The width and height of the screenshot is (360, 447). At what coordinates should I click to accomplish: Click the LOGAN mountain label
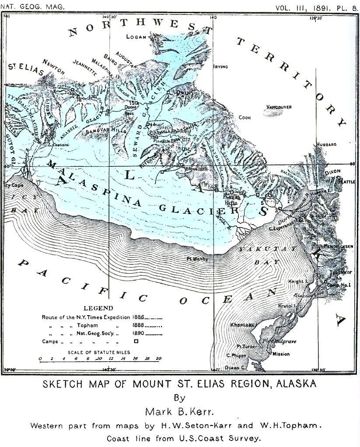point(136,37)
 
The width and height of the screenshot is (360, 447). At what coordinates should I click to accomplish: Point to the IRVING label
point(221,67)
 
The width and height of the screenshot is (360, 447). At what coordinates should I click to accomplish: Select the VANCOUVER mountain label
point(279,107)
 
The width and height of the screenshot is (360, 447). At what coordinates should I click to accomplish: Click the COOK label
point(245,117)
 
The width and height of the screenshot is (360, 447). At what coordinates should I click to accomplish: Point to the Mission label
point(281,354)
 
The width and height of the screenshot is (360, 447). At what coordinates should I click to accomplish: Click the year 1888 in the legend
point(138,325)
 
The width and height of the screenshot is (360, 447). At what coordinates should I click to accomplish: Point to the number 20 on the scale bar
point(158,358)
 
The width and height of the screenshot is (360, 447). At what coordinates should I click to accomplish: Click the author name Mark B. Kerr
point(180,412)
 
